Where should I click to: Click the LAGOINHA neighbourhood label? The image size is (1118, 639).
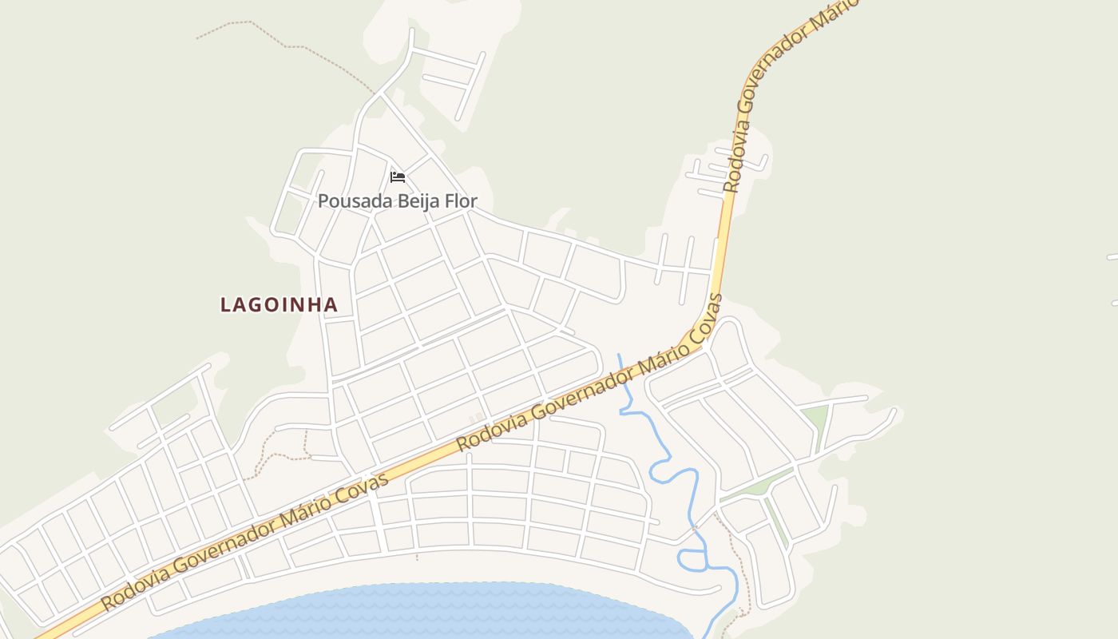coord(279,304)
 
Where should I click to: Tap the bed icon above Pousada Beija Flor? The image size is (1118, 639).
coord(397,177)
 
